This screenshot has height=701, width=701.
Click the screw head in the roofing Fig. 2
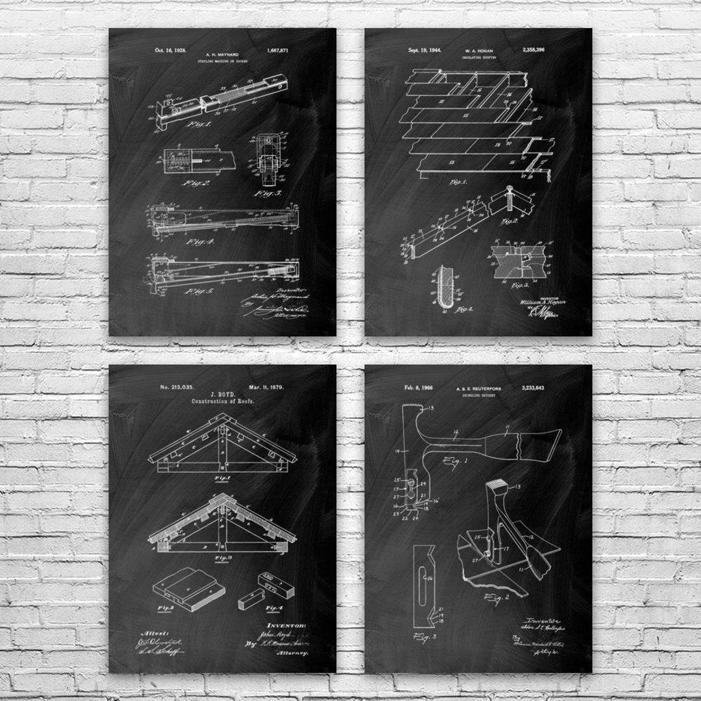(x=511, y=193)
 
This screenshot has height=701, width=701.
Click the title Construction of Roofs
(x=222, y=401)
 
